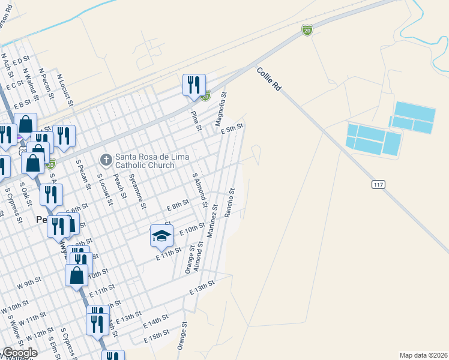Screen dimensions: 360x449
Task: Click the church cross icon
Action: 106,160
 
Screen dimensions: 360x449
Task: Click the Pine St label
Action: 195,120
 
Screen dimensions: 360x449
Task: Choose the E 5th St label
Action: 231,128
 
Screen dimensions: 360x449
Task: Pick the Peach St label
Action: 122,184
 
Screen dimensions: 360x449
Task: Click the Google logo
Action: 19,353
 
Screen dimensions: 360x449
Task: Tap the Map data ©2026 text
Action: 424,355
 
